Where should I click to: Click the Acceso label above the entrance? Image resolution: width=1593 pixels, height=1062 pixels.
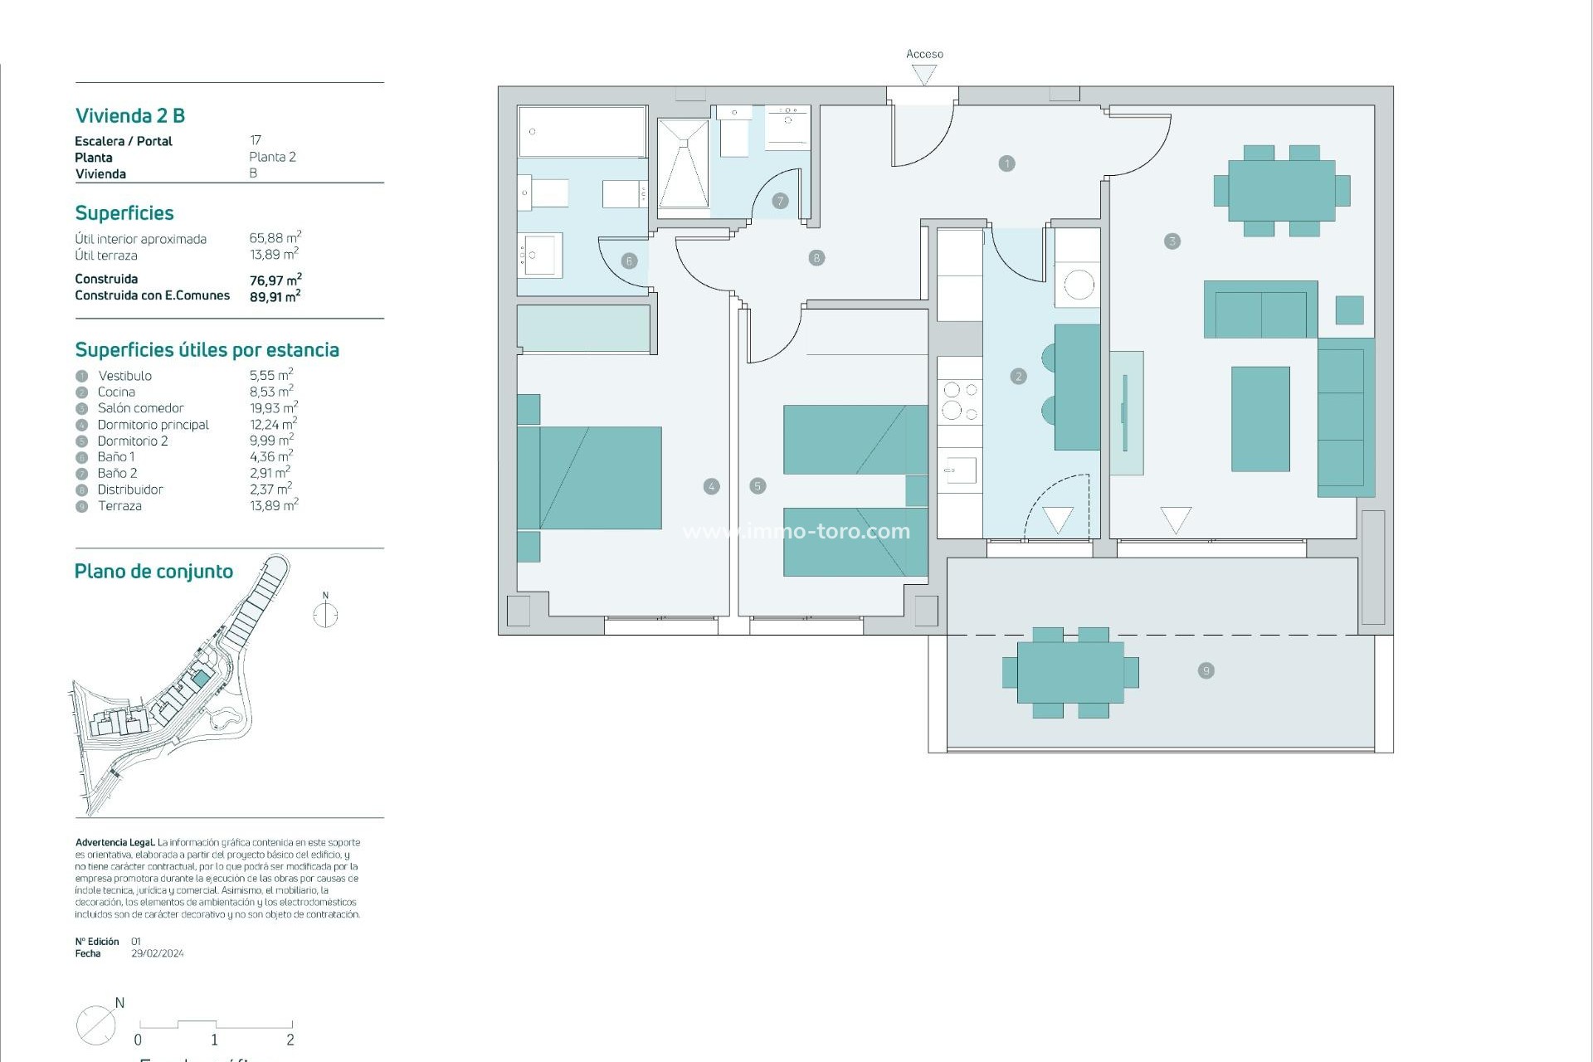click(924, 54)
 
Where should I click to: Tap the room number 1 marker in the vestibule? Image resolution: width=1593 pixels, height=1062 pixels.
click(1006, 163)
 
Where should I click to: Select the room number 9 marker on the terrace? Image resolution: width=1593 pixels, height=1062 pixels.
click(1206, 670)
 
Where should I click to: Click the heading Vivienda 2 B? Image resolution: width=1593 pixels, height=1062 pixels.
click(130, 115)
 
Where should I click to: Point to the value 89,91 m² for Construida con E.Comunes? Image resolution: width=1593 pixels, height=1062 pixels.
click(275, 296)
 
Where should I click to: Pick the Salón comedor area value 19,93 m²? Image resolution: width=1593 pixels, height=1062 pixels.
click(273, 407)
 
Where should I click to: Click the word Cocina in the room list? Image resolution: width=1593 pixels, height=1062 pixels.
click(116, 392)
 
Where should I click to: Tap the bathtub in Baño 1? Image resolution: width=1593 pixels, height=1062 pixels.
click(582, 131)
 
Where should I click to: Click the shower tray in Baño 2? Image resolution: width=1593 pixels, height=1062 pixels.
click(683, 163)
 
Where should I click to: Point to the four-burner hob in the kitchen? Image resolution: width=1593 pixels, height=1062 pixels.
click(960, 400)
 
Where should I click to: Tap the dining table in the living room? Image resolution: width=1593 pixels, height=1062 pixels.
click(1281, 190)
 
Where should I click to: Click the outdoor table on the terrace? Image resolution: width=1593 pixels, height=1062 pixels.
click(1070, 672)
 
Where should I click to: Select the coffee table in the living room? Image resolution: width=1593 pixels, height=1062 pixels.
click(1259, 419)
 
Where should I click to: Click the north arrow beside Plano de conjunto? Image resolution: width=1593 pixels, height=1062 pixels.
click(325, 614)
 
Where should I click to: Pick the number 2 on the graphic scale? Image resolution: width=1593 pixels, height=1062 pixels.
click(290, 1040)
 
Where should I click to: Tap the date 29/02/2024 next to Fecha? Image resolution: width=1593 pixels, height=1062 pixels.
click(158, 953)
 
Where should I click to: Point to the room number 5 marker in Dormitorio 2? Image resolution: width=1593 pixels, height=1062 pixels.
click(758, 486)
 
